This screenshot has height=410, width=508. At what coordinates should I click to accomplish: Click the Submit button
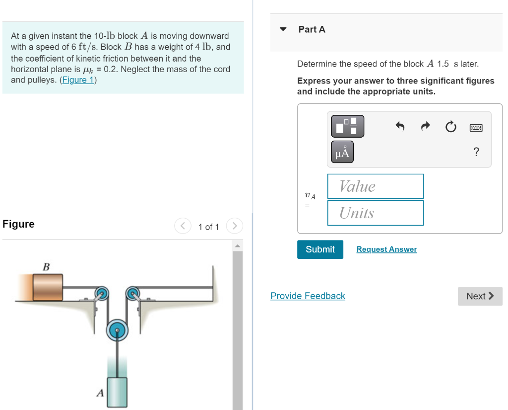click(x=320, y=249)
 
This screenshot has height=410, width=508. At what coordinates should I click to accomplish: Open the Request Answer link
click(x=386, y=249)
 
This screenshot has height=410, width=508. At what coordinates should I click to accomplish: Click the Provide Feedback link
click(x=308, y=296)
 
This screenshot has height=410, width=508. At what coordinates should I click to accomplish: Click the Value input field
click(x=376, y=186)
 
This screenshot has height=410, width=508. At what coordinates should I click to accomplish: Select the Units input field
click(x=376, y=213)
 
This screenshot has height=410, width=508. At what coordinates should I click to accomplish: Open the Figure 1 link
click(x=78, y=80)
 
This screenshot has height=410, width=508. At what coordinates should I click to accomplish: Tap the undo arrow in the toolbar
click(x=400, y=126)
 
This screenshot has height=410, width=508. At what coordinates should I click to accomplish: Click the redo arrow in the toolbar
click(x=425, y=126)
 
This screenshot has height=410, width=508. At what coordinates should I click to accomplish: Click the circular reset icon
click(x=450, y=127)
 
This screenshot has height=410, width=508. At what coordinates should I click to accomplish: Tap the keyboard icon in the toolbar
click(x=476, y=128)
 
